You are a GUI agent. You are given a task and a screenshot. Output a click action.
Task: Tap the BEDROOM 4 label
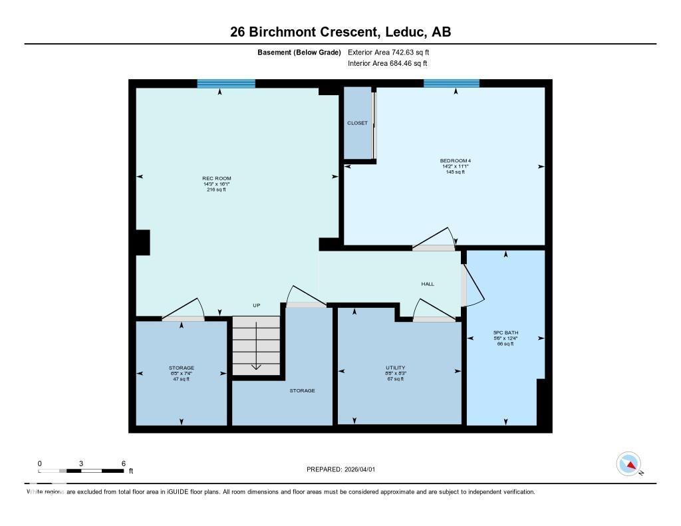pyautogui.click(x=455, y=160)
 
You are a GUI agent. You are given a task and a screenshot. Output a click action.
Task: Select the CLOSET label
pyautogui.click(x=357, y=123)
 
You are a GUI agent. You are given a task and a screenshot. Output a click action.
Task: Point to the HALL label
pyautogui.click(x=428, y=284)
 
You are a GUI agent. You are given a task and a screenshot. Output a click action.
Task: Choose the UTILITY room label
pyautogui.click(x=395, y=368)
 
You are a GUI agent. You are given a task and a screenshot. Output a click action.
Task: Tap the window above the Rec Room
pyautogui.click(x=226, y=84)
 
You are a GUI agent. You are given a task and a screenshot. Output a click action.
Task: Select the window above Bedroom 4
pyautogui.click(x=452, y=84)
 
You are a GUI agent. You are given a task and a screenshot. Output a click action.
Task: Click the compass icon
pyautogui.click(x=628, y=463)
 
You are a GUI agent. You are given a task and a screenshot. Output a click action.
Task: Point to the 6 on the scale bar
pyautogui.click(x=124, y=463)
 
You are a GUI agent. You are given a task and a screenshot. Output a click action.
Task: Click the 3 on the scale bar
pyautogui.click(x=81, y=463)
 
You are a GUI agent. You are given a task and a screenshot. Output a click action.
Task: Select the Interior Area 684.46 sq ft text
pyautogui.click(x=387, y=64)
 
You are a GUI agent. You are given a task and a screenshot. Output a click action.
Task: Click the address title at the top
pyautogui.click(x=340, y=31)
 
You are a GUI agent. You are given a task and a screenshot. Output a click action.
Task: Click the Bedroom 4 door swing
pyautogui.click(x=436, y=239)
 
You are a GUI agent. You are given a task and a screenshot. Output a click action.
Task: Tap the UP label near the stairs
pyautogui.click(x=256, y=305)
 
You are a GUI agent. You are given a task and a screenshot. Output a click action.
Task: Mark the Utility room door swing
pyautogui.click(x=429, y=309)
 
